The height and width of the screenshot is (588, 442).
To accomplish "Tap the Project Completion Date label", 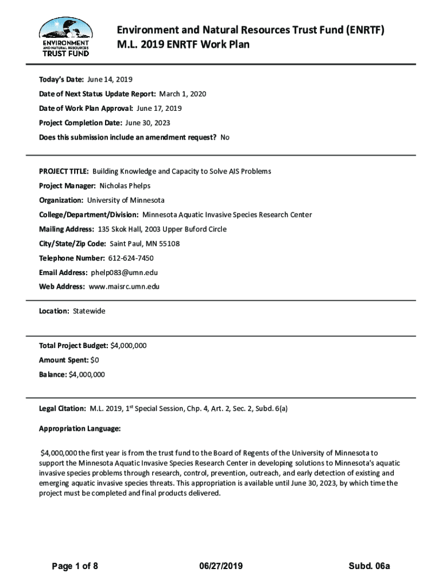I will click(80, 123).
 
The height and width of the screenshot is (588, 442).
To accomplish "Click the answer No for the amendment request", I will click(225, 137).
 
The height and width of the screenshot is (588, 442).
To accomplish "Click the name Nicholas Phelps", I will click(125, 186).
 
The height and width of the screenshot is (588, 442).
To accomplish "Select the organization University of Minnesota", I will click(126, 200).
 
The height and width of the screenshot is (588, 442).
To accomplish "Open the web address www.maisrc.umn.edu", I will click(124, 287).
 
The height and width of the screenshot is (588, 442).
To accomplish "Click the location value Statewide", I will click(89, 311).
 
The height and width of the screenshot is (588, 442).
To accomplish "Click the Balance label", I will click(52, 374).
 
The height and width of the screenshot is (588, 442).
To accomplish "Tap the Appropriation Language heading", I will click(80, 428).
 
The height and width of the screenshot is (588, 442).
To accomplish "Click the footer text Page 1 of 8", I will click(75, 566).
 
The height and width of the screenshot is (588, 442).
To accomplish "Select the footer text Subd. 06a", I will click(369, 566).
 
